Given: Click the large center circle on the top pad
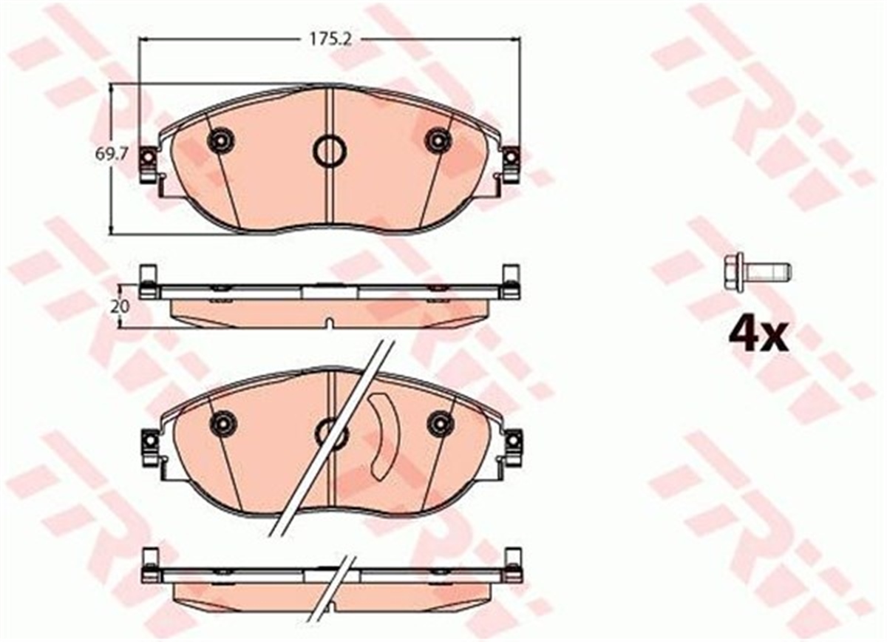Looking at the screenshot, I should click(329, 151).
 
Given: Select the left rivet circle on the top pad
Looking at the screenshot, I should click(220, 140).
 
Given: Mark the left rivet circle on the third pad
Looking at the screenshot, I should click(222, 423).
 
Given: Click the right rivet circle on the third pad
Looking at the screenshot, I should click(441, 422).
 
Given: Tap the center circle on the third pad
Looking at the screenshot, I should click(331, 434).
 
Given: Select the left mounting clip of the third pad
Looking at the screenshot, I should click(150, 446).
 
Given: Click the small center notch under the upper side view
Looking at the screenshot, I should click(329, 322).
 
